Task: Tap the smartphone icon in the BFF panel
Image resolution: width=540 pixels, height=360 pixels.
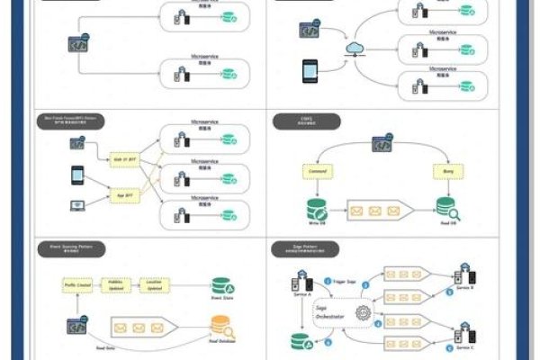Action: pos(77,173)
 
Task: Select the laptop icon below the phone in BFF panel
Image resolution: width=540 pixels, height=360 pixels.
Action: pos(77,205)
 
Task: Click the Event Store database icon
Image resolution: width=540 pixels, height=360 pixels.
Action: pos(219,285)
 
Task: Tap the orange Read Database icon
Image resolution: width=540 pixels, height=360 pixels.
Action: pos(219,326)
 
